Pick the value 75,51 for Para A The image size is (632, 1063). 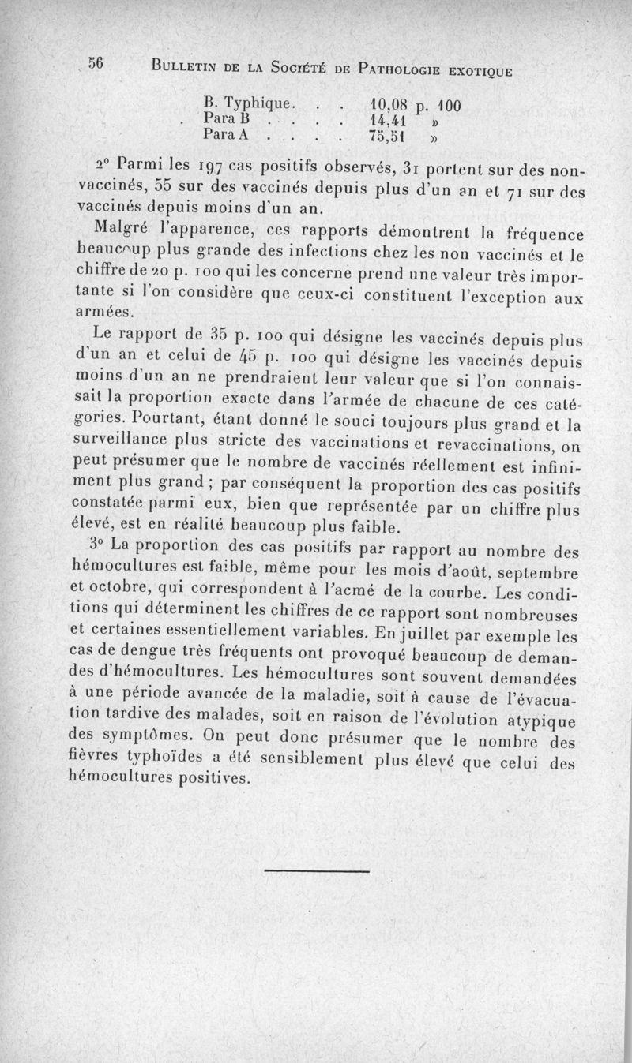click(387, 136)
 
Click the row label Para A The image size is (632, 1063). click(227, 135)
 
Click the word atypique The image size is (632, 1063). click(544, 719)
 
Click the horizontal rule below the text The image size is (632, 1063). click(317, 870)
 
